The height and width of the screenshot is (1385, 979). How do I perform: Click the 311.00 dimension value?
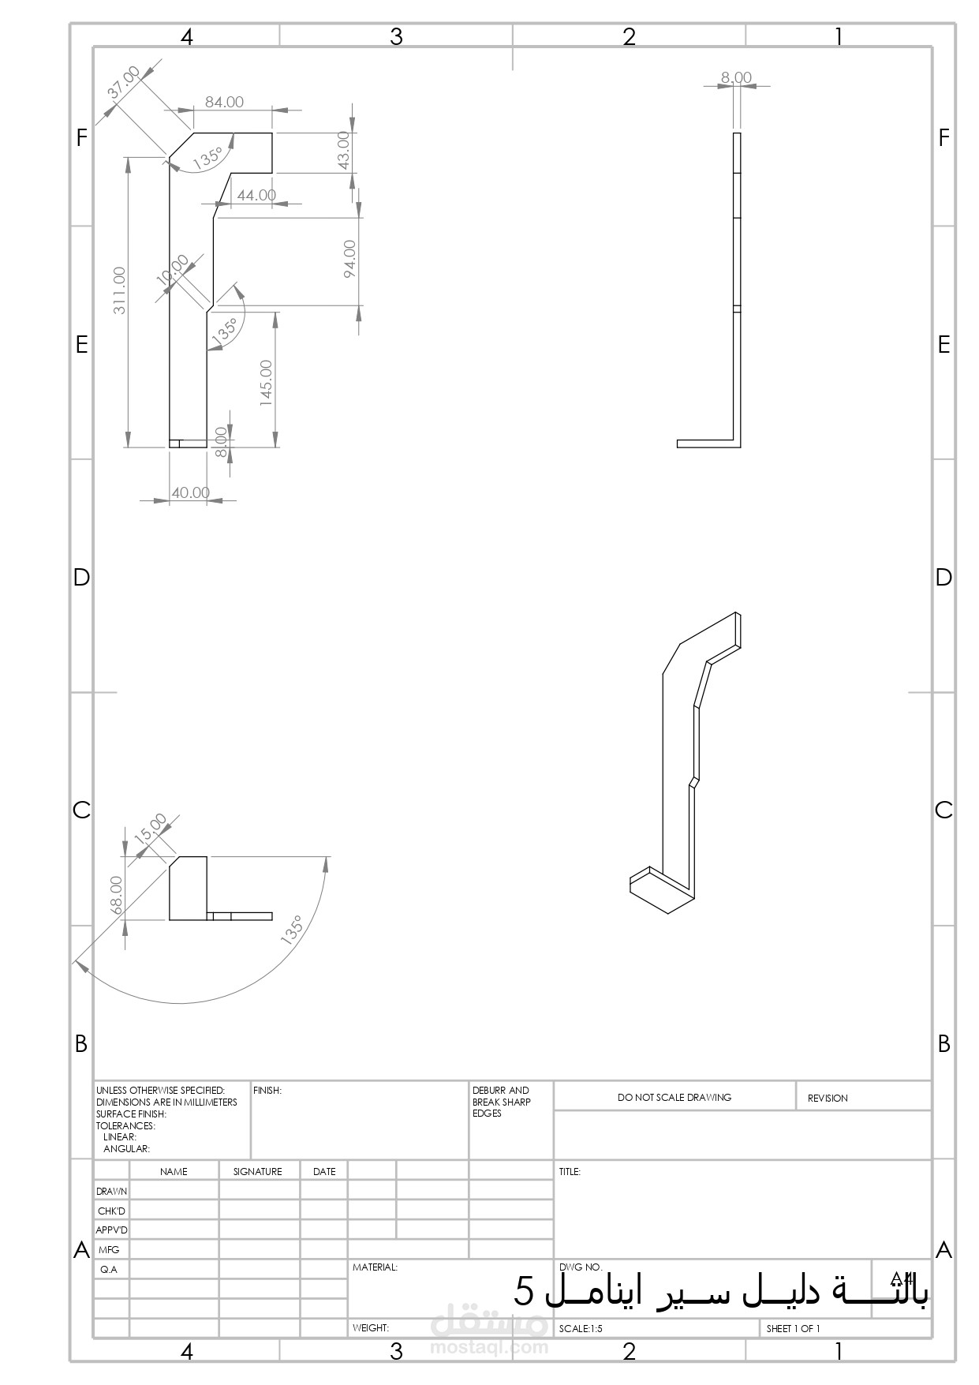pos(120,290)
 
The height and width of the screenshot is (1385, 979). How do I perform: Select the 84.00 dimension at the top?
pos(225,102)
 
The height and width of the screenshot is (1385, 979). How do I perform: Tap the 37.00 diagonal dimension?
pos(124,82)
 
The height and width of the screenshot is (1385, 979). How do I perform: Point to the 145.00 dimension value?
pos(266,384)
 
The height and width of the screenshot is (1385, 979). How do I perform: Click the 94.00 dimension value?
pos(349,258)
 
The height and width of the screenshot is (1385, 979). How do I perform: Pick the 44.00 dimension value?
pos(256,195)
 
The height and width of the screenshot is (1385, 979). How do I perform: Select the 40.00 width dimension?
pos(191,492)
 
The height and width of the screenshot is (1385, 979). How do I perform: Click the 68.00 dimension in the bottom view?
pos(117,895)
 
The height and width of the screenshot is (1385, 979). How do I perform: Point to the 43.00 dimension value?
pos(343,150)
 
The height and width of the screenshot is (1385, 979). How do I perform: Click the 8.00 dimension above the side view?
pos(736,77)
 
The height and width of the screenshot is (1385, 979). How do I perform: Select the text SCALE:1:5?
pos(581,1328)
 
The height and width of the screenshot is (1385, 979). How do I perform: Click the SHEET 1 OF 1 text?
pos(793,1328)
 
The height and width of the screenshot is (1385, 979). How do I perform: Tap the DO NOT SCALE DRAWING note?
pos(674,1097)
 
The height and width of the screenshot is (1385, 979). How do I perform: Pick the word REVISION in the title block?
pos(828,1098)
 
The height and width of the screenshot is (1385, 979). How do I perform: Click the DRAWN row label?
pos(111,1191)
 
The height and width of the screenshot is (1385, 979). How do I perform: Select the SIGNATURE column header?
pos(257,1171)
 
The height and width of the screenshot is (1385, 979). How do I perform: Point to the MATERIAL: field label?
pos(375,1267)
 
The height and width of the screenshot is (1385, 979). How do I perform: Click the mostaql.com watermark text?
pos(489,1346)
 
